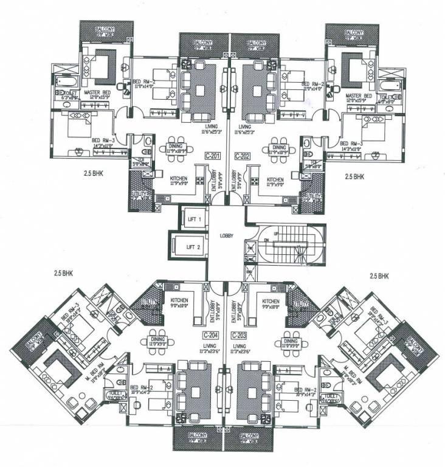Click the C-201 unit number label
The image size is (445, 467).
(212, 155)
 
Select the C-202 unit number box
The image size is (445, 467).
(243, 155)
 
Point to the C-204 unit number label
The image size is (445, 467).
(210, 335)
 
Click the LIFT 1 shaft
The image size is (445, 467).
(195, 217)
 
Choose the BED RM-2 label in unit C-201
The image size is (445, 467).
(145, 85)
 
